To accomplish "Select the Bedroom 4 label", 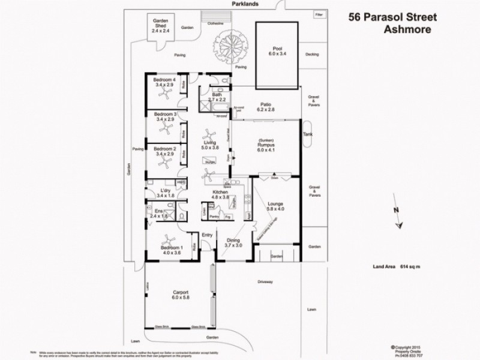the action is click(x=164, y=82).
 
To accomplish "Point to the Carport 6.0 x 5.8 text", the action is click(x=180, y=296).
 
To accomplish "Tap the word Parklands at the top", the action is click(x=245, y=4).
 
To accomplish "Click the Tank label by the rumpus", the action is click(x=308, y=134).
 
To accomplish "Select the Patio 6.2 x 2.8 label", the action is click(x=265, y=106).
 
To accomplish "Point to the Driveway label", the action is click(x=265, y=281).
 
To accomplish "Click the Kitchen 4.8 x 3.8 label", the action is click(x=219, y=194).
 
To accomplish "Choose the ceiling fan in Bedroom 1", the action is click(x=167, y=238).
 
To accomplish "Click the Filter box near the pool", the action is click(x=318, y=13).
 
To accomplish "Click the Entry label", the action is click(x=208, y=235).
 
